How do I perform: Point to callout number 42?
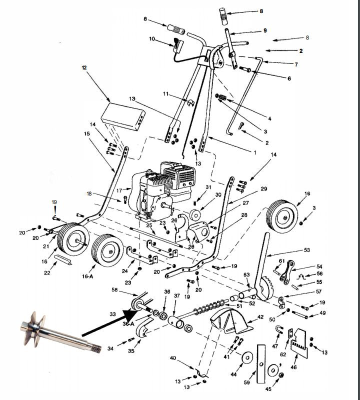(x=260, y=317)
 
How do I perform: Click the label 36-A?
(x=128, y=323)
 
